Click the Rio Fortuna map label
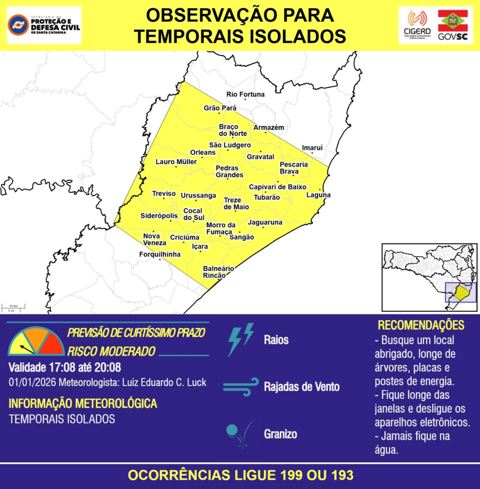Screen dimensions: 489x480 tap(245, 95)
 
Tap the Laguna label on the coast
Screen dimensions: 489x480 tap(318, 195)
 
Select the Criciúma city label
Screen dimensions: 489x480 tap(184, 237)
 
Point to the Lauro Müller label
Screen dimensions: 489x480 tap(176, 162)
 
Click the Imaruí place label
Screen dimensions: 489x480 tap(312, 148)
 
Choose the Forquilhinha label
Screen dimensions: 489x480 tap(160, 255)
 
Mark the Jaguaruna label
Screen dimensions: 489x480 tap(265, 223)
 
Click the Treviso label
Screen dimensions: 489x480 tap(164, 193)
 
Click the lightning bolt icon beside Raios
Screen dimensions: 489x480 tap(241, 340)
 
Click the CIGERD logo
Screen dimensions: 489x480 tap(417, 25)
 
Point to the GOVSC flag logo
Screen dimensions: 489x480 tap(453, 25)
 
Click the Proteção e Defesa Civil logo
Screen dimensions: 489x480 tap(44, 25)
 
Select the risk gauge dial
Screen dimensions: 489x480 tap(36, 342)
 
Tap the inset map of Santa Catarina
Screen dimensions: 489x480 tap(429, 277)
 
